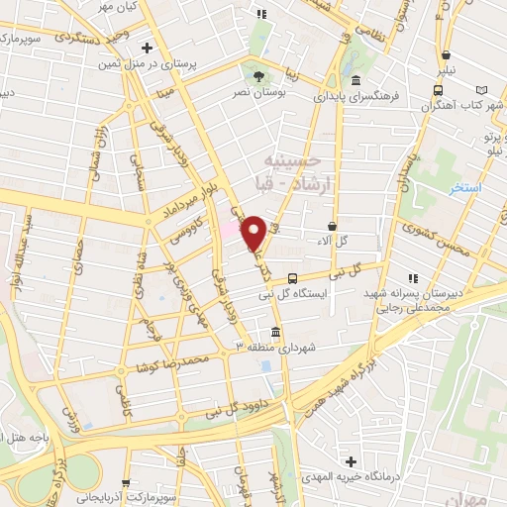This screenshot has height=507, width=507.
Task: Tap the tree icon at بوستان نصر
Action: (x=259, y=75)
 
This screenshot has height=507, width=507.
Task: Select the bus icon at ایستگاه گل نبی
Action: (x=291, y=278)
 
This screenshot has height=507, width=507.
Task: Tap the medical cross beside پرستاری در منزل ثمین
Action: (x=147, y=48)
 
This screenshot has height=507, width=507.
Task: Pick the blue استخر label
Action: (x=462, y=187)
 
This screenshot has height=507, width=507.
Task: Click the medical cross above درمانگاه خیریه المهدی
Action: (x=351, y=461)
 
